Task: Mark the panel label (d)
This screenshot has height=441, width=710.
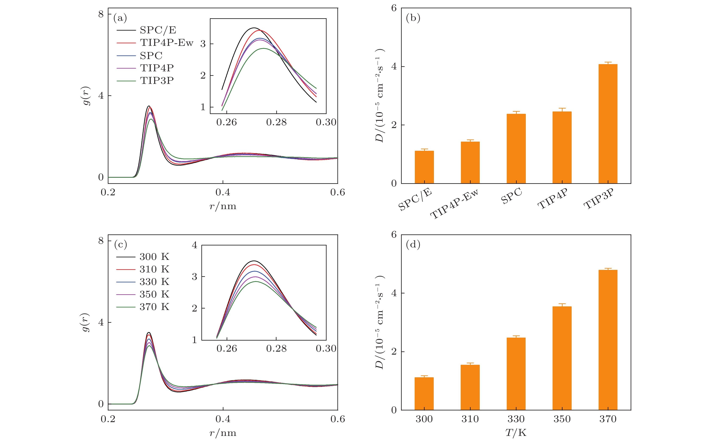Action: pyautogui.click(x=413, y=244)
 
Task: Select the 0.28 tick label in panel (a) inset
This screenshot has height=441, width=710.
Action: pyautogui.click(x=276, y=122)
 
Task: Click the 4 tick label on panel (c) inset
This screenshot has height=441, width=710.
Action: pyautogui.click(x=194, y=245)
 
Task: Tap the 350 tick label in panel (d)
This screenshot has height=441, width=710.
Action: pyautogui.click(x=562, y=419)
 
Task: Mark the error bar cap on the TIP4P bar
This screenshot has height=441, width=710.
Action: pyautogui.click(x=562, y=108)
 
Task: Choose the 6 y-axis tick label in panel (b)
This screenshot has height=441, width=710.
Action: pyautogui.click(x=394, y=8)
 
